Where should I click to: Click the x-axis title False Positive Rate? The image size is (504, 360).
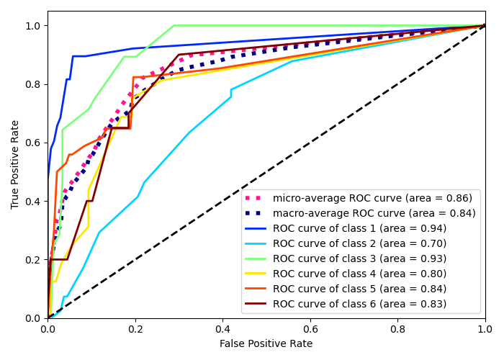click(x=266, y=344)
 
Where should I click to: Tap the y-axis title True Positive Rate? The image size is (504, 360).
click(x=16, y=164)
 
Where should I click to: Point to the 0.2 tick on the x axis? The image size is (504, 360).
click(x=135, y=329)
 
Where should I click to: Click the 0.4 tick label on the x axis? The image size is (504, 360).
click(x=222, y=329)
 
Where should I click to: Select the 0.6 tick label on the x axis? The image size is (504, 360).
click(x=310, y=329)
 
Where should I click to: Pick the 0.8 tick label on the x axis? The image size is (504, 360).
click(x=397, y=329)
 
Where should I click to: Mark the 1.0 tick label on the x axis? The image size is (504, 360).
click(x=485, y=329)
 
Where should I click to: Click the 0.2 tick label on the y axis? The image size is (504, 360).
click(x=33, y=259)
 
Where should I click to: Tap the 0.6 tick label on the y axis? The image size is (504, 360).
click(x=33, y=143)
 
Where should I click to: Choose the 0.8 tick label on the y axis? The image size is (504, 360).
click(x=33, y=84)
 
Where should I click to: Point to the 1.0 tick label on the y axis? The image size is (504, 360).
click(x=33, y=26)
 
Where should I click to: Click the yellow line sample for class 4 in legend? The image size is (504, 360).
click(x=257, y=274)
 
